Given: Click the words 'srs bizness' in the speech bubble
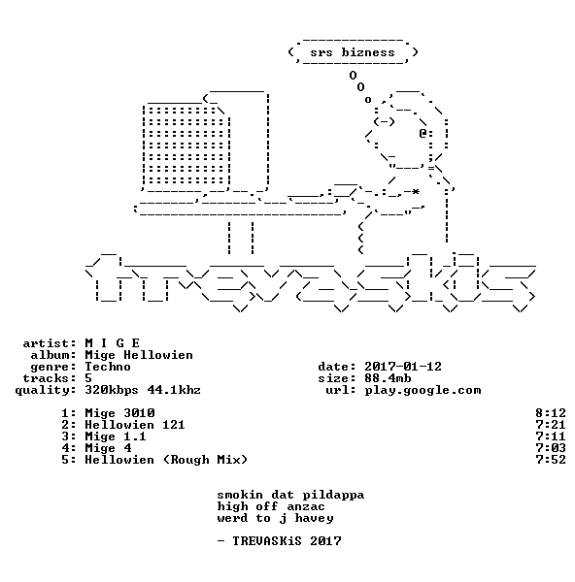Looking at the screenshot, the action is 353,52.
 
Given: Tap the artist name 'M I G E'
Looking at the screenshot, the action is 113,343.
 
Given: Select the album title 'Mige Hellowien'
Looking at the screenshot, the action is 139,355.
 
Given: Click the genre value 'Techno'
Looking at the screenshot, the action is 108,367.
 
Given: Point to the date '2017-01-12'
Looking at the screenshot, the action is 403,367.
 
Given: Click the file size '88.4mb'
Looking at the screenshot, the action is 388,378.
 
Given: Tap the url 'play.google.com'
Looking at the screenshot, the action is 423,391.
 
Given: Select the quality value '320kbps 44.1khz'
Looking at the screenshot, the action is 143,390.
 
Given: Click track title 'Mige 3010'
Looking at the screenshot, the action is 119,413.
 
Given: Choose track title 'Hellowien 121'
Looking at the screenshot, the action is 135,425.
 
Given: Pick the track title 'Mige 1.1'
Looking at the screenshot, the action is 116,436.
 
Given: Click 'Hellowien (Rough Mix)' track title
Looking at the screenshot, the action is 166,460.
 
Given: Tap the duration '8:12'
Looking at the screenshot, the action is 551,413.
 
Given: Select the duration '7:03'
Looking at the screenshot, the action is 551,448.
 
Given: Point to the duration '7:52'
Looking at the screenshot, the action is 551,460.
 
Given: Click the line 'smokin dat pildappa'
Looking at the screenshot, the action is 290,495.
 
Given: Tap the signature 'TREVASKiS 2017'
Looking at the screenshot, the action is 287,541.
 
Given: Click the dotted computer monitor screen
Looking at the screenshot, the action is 186,145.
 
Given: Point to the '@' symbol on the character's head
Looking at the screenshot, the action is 423,133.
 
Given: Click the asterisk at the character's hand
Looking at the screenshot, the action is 416,191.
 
